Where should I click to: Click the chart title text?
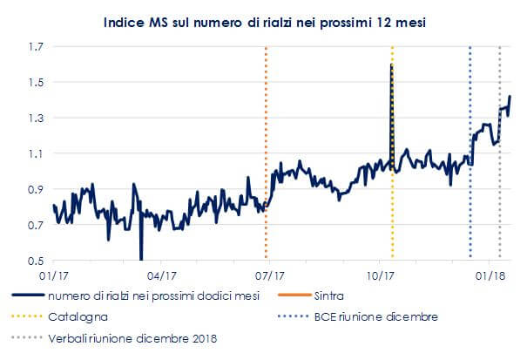coord(262,20)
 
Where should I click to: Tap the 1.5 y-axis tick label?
coord(34,82)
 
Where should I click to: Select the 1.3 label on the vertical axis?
coord(34,118)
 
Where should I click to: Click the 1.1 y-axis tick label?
coord(34,153)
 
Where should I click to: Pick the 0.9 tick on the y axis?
coord(34,189)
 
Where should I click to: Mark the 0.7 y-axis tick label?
coord(34,225)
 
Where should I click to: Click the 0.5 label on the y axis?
coord(34,261)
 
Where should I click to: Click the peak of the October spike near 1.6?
coord(391,65)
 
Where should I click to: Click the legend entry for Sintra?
coord(328,297)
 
